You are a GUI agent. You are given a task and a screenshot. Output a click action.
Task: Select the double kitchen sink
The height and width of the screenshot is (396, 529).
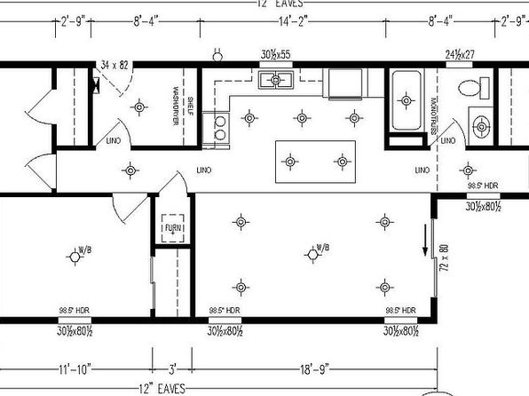[282, 82]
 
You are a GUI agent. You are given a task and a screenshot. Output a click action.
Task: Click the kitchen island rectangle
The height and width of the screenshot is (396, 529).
[316, 162]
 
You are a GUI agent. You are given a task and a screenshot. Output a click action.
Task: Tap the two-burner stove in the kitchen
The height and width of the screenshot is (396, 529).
[216, 129]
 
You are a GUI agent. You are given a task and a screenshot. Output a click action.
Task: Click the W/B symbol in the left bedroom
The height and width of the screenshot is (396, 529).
[77, 256]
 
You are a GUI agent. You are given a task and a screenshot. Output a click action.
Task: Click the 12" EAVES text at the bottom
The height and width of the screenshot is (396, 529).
[161, 389]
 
